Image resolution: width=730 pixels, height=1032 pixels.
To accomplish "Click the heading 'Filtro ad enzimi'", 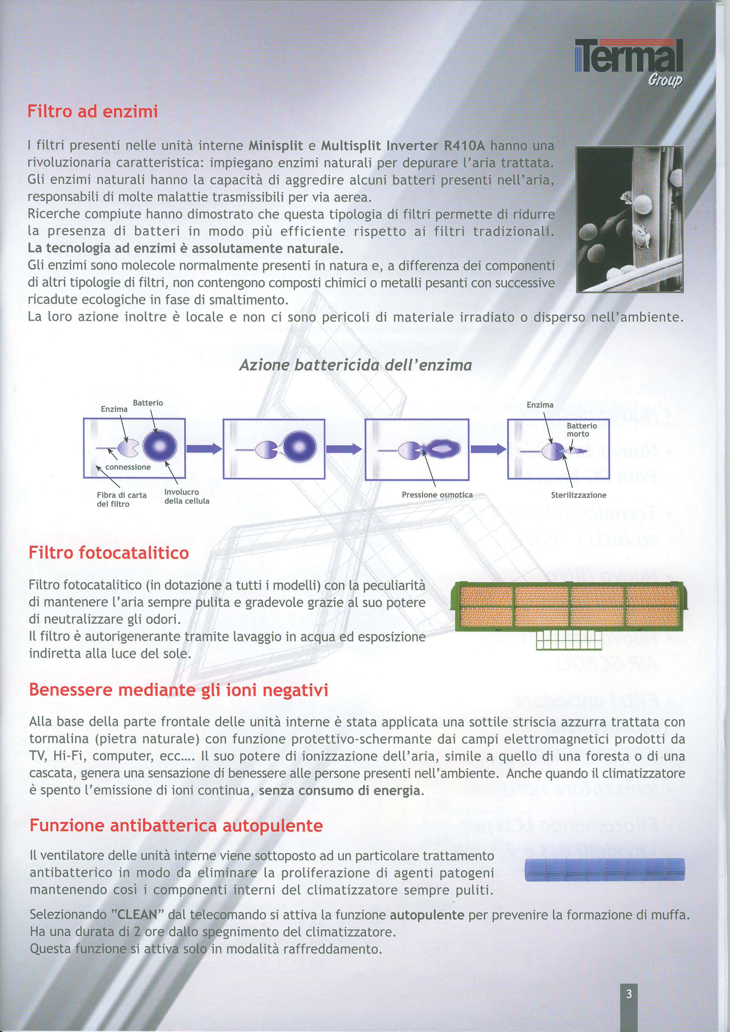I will click(x=93, y=111).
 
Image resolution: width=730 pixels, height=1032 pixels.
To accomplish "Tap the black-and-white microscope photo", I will click(x=629, y=219).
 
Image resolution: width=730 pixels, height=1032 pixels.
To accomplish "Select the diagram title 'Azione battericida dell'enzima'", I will click(x=355, y=365).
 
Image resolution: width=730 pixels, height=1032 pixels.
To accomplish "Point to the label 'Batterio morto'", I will click(x=581, y=429).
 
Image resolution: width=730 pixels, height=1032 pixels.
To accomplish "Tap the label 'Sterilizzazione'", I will click(x=578, y=495).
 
